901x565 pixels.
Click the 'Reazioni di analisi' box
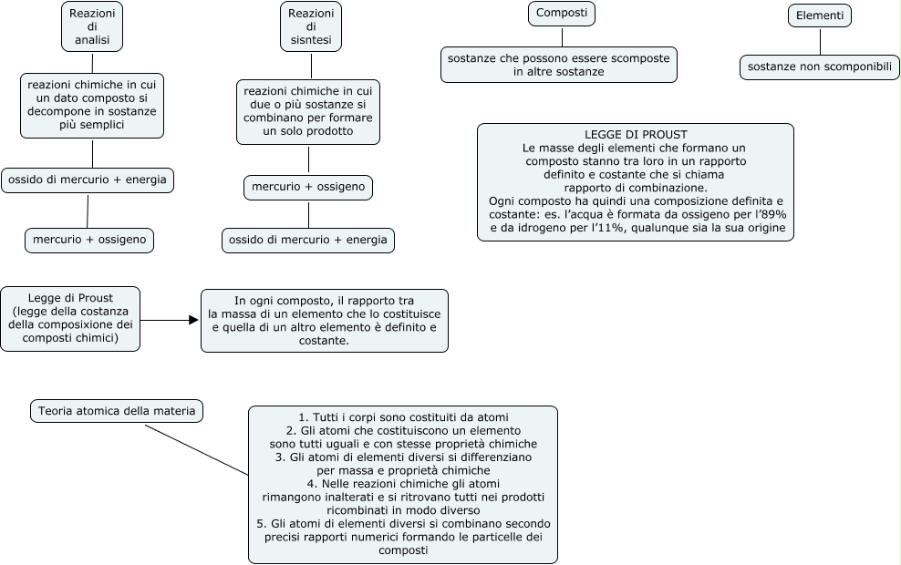[x=92, y=26]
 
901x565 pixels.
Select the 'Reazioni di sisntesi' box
[x=311, y=26]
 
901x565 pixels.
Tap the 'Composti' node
[x=561, y=14]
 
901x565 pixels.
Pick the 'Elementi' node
[x=819, y=15]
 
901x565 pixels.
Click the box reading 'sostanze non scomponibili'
[x=819, y=67]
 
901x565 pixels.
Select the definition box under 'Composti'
[x=558, y=64]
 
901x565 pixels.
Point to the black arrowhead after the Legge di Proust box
[x=193, y=320]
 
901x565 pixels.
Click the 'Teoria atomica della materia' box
[x=116, y=411]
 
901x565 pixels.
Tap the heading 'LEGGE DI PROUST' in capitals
[x=636, y=134]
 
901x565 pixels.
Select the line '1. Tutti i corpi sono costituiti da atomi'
[x=402, y=417]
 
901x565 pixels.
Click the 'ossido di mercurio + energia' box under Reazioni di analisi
[x=88, y=180]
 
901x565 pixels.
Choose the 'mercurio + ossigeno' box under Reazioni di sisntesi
[x=308, y=187]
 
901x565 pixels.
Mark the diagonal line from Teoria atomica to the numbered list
[x=196, y=448]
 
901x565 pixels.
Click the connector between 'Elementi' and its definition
[x=819, y=41]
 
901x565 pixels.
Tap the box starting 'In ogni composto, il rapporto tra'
[x=324, y=320]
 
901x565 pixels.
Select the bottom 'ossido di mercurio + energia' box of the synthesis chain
[x=308, y=240]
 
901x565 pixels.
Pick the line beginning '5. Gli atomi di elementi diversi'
[x=402, y=524]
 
